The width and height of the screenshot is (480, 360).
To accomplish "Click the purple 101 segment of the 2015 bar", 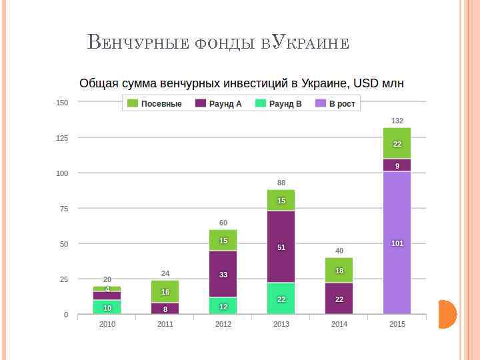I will [x=397, y=243].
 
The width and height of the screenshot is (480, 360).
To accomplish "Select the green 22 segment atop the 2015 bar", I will [x=397, y=143].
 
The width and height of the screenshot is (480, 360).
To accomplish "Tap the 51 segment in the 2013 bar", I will [x=281, y=247].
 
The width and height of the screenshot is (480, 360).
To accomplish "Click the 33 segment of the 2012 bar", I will [x=223, y=274].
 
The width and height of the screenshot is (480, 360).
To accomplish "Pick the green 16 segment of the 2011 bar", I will [x=165, y=291].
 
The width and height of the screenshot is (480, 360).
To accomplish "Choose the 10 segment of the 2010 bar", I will [x=107, y=307].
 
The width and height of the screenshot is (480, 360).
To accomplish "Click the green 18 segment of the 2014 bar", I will [x=339, y=270].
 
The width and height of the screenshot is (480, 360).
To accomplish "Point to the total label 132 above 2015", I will [x=397, y=121].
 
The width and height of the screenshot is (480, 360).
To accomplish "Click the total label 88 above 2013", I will [x=281, y=183].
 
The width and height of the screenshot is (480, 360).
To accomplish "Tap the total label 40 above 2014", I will [x=339, y=251].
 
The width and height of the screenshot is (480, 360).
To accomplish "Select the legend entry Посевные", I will [x=155, y=104].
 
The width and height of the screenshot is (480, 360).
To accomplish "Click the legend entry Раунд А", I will [x=219, y=104].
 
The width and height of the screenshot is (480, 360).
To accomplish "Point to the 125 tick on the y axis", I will [x=62, y=138].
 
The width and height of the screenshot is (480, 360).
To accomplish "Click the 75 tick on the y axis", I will [x=64, y=209].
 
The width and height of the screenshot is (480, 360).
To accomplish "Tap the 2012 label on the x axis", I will [x=223, y=324].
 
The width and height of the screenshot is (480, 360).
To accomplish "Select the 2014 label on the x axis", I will [x=339, y=324].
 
